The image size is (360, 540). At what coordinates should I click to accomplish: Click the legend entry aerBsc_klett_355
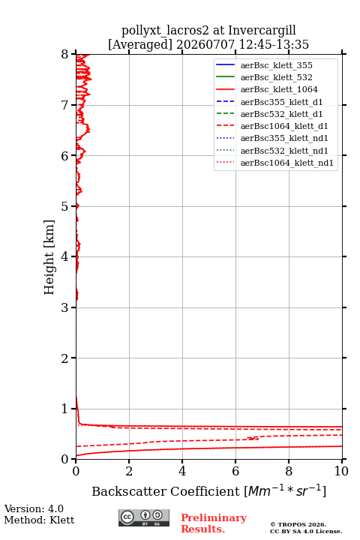[276, 65]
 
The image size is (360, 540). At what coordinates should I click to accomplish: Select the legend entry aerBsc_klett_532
[276, 77]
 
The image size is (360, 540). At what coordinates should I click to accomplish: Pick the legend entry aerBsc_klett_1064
[279, 89]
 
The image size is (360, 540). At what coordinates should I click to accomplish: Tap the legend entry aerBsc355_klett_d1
[281, 102]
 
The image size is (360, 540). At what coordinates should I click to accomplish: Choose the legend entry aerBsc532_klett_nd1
[284, 151]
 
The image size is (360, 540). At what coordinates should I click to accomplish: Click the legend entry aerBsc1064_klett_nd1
[287, 163]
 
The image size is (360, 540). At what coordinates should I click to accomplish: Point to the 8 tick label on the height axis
[65, 55]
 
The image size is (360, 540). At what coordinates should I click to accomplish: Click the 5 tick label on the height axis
[65, 207]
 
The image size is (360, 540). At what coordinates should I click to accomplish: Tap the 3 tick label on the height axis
[65, 307]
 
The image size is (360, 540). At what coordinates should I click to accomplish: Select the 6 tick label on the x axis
[235, 471]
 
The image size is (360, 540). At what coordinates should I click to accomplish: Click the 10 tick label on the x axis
[341, 471]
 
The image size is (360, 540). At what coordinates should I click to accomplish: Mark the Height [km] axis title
[49, 257]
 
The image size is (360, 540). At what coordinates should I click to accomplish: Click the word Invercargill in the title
[262, 31]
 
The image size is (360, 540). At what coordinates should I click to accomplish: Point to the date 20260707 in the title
[205, 45]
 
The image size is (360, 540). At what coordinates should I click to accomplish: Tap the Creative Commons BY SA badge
[144, 518]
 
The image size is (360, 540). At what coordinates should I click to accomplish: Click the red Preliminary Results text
[214, 523]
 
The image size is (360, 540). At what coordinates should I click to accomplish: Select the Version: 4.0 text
[34, 508]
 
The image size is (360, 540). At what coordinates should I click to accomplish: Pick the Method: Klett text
[39, 520]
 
